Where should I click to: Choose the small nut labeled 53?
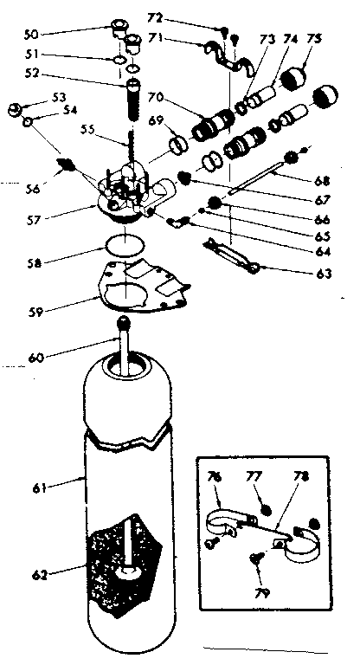(13, 109)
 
